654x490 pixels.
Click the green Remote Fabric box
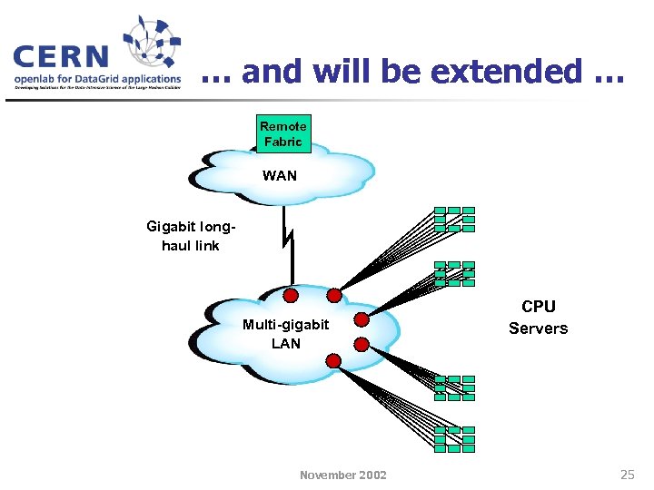click(x=282, y=133)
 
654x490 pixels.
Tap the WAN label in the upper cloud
click(x=280, y=176)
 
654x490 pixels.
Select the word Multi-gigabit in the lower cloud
click(x=285, y=325)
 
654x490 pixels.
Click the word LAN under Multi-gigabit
click(x=285, y=344)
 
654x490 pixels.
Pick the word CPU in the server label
click(x=538, y=307)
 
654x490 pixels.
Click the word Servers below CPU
click(x=538, y=328)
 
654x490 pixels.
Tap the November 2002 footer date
click(x=342, y=475)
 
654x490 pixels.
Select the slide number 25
click(x=627, y=474)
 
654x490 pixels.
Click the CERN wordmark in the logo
click(x=62, y=56)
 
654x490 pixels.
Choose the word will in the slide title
click(x=338, y=71)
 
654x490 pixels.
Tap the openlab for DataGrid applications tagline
click(x=97, y=79)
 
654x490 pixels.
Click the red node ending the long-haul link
click(x=291, y=295)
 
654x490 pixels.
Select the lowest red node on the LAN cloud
click(x=333, y=361)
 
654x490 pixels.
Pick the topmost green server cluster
click(x=454, y=219)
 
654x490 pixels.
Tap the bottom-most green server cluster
click(x=454, y=439)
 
